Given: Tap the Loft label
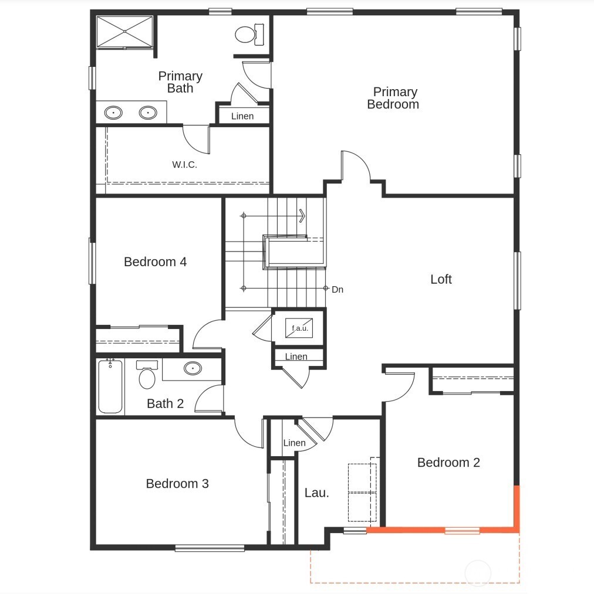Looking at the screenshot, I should [x=441, y=279].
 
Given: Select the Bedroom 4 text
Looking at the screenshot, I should [x=155, y=262].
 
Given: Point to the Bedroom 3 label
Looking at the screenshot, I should [x=177, y=483].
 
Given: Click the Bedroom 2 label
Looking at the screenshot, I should [x=448, y=462].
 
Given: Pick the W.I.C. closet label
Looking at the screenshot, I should [x=184, y=165].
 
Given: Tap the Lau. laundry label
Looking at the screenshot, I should [x=316, y=493].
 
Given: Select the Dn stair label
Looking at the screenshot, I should [x=338, y=289].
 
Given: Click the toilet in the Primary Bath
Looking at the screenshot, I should [x=246, y=35].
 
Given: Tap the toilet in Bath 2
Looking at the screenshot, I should [x=147, y=376].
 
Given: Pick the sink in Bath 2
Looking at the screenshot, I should [x=192, y=368].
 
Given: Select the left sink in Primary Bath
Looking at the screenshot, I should [x=113, y=112].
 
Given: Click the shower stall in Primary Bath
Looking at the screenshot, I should [x=124, y=32].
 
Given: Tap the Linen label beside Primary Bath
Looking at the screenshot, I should [x=242, y=116].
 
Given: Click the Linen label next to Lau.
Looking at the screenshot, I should [x=294, y=443].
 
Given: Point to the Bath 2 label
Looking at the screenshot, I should [x=165, y=403].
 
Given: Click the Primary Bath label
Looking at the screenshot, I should [x=180, y=82].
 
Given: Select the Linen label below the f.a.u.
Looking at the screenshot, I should [x=296, y=357].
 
